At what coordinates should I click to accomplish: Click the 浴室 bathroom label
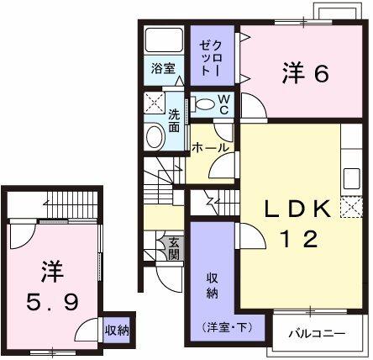[163, 68]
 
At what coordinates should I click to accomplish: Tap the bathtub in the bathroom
[165, 42]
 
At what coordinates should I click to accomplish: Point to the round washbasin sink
[155, 137]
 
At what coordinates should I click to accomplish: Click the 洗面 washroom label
[173, 120]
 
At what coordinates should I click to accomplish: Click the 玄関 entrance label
[174, 248]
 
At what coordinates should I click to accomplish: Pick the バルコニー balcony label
[318, 334]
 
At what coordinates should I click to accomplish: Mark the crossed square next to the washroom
[153, 105]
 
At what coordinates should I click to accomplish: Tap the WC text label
[224, 103]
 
